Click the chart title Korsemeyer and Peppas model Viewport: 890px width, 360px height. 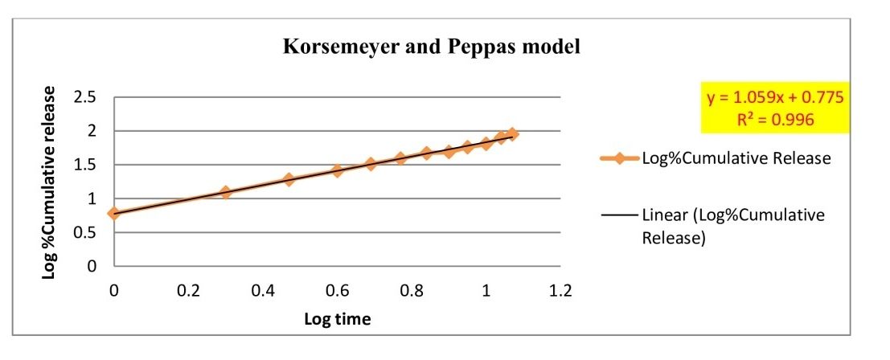pos(431,47)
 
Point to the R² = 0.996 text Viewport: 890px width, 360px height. pos(776,119)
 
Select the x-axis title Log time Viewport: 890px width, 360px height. pos(337,319)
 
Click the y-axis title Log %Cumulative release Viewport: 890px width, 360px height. pos(50,182)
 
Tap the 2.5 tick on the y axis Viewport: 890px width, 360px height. pos(85,98)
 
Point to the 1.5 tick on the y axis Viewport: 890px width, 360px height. pos(85,165)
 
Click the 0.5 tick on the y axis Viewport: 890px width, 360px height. pos(85,232)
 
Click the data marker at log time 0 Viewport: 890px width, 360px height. pos(114,214)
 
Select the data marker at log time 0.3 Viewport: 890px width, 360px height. pos(226,193)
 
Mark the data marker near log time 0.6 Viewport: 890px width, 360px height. pos(338,171)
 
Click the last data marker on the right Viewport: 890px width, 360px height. pos(512,134)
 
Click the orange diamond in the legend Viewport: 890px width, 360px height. pos(619,158)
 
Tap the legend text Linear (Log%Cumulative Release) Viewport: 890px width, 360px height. pos(733,227)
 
